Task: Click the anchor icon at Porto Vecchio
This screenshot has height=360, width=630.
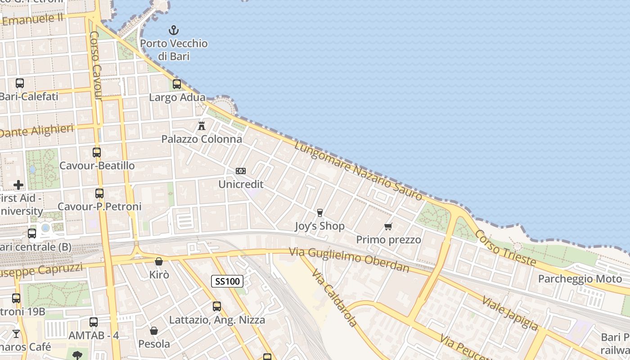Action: point(174,31)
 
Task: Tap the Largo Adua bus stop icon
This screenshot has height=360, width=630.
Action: point(177,84)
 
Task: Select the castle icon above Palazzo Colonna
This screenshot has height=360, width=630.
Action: point(202,126)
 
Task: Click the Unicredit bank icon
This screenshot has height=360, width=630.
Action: point(241,171)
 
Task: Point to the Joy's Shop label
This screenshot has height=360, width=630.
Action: point(319,226)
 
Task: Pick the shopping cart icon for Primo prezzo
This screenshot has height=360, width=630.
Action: point(388,226)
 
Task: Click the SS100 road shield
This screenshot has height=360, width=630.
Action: point(227,282)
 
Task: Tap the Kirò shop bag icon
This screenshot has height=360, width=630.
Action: point(159,261)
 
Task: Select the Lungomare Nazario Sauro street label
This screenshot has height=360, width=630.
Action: point(359,171)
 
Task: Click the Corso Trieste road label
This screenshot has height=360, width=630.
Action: point(505,248)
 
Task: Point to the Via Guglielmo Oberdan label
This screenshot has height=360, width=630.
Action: point(349,260)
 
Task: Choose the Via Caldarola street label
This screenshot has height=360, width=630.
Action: point(334,298)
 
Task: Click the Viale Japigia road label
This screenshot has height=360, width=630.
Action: point(510,312)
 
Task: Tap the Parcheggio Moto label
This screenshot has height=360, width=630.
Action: point(580,279)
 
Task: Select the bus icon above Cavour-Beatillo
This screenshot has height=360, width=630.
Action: point(97,153)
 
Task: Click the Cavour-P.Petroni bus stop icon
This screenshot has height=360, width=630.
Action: point(99,193)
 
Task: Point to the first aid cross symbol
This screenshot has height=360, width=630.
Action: point(18,185)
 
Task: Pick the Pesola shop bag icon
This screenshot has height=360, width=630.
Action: point(154,331)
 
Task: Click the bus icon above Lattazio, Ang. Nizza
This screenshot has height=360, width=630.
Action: point(217,306)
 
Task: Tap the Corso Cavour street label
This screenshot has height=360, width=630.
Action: point(96,66)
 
